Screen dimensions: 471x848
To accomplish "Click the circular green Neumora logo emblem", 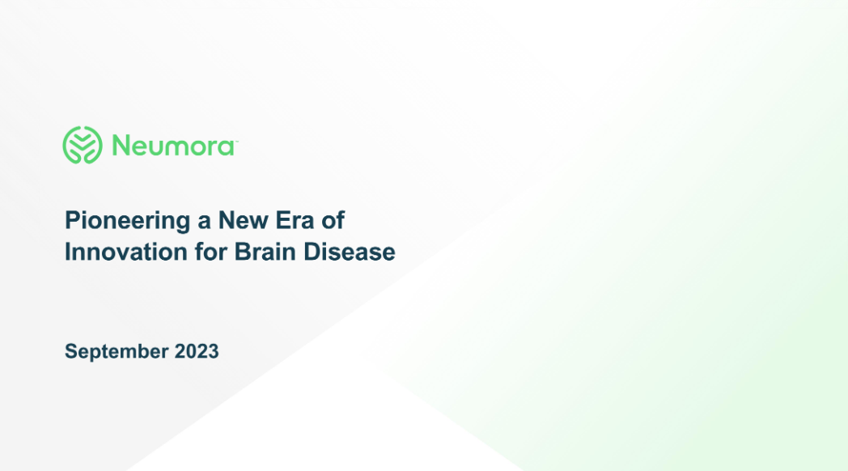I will (83, 146).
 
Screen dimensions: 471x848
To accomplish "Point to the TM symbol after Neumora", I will (235, 141).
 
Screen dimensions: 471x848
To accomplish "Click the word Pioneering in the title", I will (121, 221).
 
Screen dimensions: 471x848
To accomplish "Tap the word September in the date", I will (117, 352).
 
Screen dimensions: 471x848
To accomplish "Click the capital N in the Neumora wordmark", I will (121, 146).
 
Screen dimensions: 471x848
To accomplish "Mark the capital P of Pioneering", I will (71, 220).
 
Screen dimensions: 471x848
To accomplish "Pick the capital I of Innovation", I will (67, 252).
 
